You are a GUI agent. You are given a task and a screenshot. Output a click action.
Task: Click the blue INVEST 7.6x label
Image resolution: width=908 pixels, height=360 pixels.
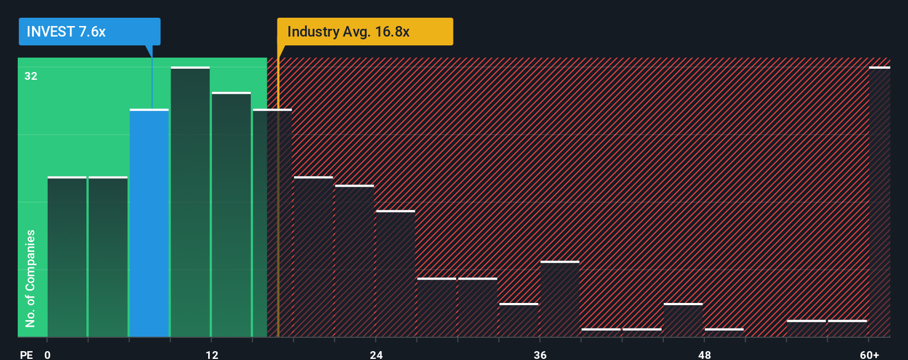coord(89,32)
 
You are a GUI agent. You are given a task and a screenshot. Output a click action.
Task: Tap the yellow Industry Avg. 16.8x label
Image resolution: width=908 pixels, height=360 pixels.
coord(365,32)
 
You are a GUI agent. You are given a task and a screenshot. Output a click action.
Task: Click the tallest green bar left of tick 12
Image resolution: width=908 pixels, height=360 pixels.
coord(190,202)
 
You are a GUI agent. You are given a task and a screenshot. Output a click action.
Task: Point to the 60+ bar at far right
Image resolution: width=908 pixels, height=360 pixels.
coord(879,202)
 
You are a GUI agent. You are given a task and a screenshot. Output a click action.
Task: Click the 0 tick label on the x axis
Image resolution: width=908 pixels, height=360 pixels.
coord(48,354)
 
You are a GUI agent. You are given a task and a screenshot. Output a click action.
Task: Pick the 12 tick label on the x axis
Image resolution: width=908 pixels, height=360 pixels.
coord(212,354)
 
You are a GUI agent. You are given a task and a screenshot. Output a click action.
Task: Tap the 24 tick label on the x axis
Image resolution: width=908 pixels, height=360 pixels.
coord(376,354)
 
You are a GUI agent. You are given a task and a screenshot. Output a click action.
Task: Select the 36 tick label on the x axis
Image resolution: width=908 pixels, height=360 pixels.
coord(540,354)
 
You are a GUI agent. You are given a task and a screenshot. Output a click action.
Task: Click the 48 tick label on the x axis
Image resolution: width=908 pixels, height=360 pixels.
coord(704,354)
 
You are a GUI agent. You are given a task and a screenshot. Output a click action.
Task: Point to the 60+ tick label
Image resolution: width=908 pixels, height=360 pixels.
coord(869,354)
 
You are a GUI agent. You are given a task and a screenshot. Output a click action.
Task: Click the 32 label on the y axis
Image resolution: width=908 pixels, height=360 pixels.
coord(31,76)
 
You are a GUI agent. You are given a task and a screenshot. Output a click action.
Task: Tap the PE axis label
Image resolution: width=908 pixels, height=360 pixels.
coord(27,354)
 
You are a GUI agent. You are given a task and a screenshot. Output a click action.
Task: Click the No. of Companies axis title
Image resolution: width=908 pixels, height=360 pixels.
coord(30,278)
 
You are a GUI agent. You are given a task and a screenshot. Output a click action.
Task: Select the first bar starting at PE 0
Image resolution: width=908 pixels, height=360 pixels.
coord(67,256)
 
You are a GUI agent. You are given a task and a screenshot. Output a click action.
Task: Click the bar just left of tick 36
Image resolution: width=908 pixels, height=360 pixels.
coord(519,320)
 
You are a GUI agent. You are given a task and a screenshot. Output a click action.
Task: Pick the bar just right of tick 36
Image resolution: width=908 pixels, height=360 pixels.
coord(560,299)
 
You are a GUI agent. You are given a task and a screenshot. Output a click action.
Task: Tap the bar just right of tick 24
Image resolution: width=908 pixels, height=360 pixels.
coord(395,274)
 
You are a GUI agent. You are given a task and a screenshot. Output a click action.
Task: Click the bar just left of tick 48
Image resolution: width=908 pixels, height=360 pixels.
coord(683,320)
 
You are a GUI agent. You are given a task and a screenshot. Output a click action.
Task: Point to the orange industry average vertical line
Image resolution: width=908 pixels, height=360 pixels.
coord(278,222)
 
